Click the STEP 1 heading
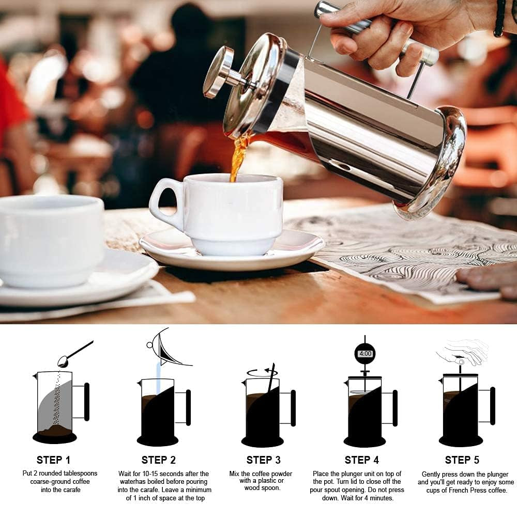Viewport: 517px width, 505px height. pos(53,460)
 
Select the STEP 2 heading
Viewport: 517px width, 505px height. pos(159,460)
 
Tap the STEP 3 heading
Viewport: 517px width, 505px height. pos(263,460)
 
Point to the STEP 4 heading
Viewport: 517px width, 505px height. pos(362,460)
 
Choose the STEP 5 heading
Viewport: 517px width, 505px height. pos(462,460)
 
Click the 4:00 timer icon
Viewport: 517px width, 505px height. pos(364,354)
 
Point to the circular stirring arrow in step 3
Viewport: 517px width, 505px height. pos(262,372)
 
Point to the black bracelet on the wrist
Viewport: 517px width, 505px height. pos(499,18)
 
